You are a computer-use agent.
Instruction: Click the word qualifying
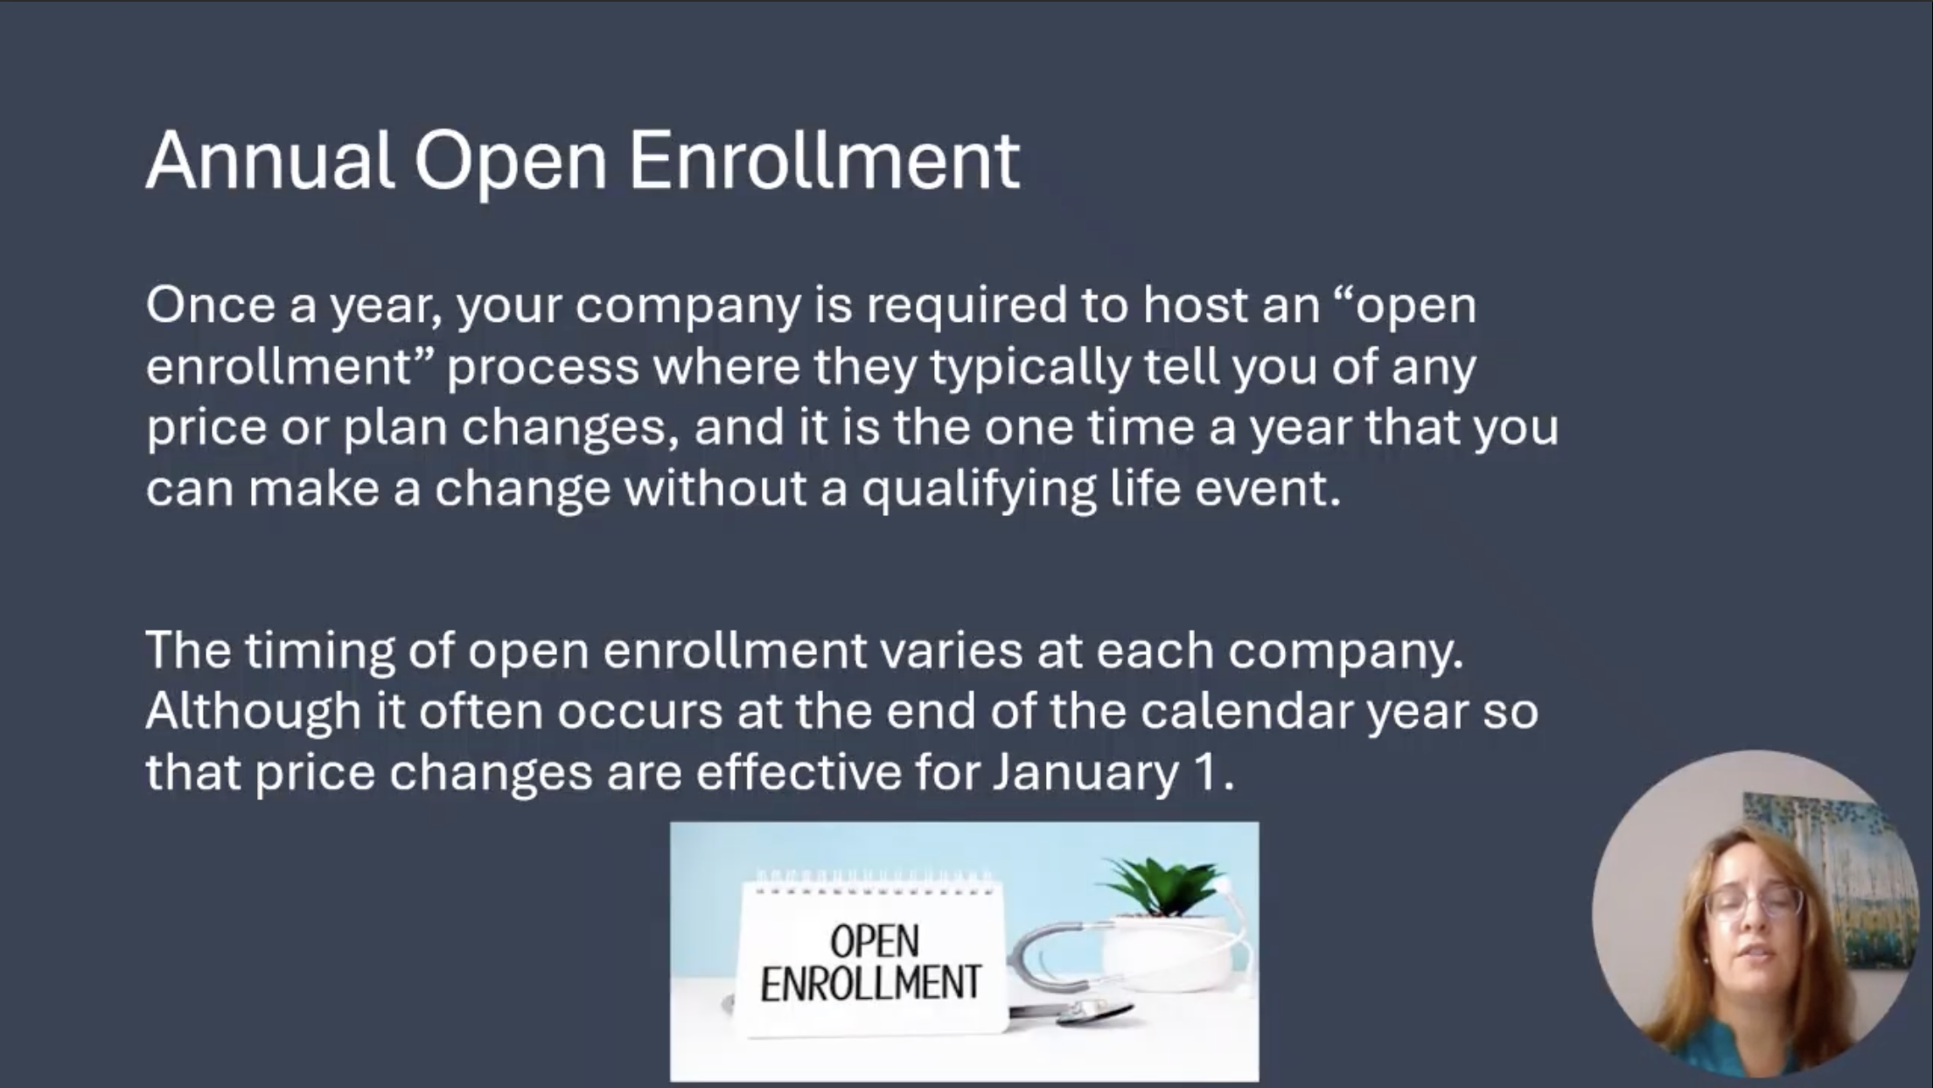coord(979,491)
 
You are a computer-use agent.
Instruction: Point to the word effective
coord(799,773)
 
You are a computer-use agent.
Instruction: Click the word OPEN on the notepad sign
coord(874,942)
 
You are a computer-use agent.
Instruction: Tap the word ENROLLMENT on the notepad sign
coord(871,983)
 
